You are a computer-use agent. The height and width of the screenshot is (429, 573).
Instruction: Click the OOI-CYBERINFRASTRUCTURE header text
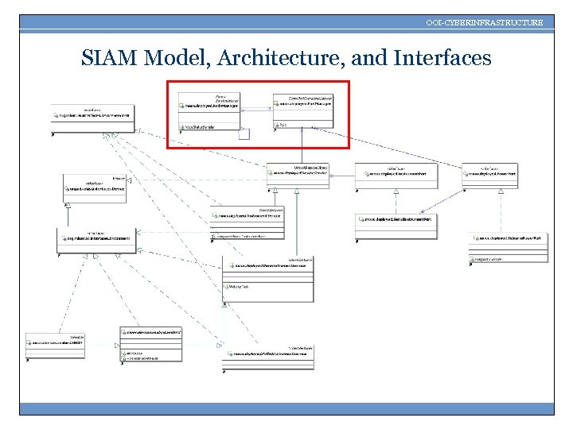tap(485, 22)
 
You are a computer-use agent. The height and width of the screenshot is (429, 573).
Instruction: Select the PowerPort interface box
tap(489, 172)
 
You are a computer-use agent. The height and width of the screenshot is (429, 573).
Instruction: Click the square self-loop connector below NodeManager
tap(244, 133)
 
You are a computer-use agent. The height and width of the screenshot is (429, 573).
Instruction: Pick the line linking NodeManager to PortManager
tap(255, 107)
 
